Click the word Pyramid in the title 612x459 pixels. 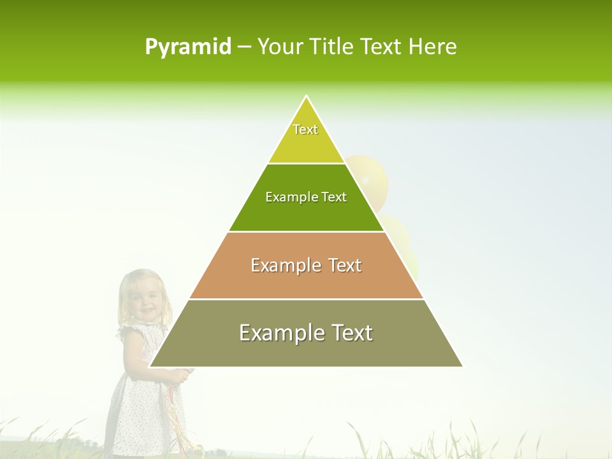click(x=188, y=47)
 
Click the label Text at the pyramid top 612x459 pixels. click(x=305, y=129)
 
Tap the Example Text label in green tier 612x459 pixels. click(x=306, y=197)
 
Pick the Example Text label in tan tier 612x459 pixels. click(x=306, y=265)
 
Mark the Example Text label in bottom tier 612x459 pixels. click(x=306, y=333)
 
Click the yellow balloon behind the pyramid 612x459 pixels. click(x=372, y=178)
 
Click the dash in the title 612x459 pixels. click(x=244, y=47)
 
